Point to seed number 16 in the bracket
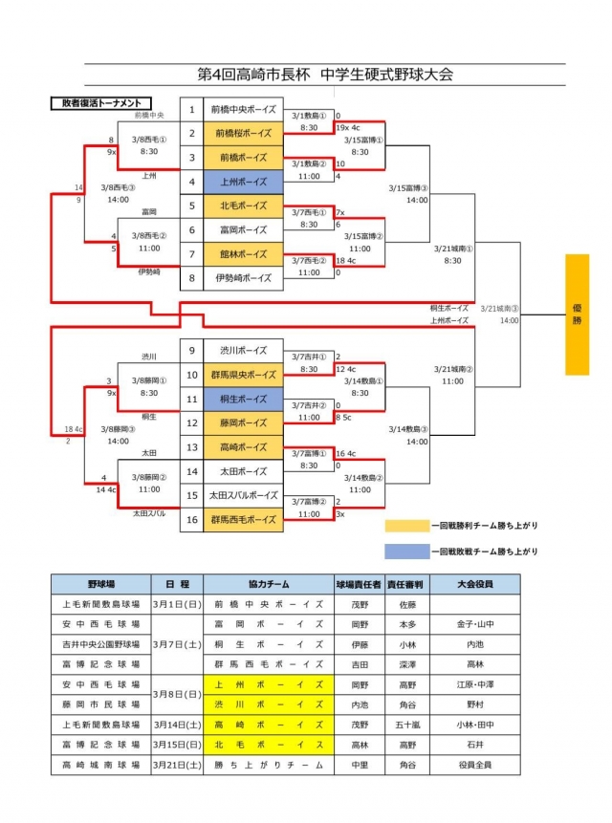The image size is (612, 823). click(x=191, y=519)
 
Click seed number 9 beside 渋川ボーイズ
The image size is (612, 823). click(x=191, y=350)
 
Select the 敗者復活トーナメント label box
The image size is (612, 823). click(x=99, y=102)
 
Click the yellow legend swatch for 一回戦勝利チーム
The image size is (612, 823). click(x=405, y=526)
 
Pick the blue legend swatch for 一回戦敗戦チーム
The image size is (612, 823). click(x=405, y=551)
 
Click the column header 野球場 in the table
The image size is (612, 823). click(x=100, y=583)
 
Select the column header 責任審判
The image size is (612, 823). click(x=406, y=583)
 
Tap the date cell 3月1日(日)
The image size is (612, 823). click(x=177, y=604)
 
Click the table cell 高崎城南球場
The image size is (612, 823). click(x=100, y=765)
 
